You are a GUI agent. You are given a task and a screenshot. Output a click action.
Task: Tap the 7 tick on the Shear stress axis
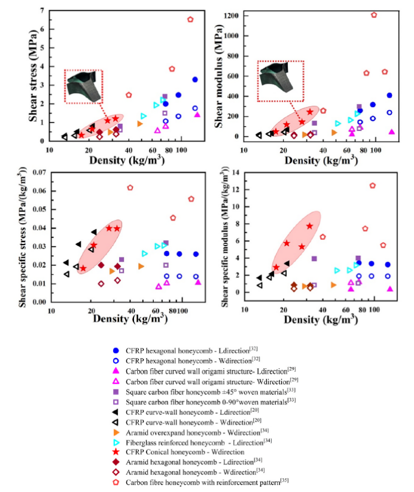click(42, 11)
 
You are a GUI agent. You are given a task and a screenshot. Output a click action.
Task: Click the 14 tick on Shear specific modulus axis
click(235, 173)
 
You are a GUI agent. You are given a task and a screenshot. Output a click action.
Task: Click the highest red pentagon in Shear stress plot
click(190, 19)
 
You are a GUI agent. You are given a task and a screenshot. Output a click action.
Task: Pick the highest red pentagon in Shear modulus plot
click(374, 15)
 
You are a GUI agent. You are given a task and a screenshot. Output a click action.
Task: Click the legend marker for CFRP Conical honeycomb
click(115, 451)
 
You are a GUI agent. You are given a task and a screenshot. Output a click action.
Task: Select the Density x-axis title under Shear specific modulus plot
click(317, 320)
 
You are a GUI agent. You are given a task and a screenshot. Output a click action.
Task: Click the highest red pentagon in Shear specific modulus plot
click(372, 185)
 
